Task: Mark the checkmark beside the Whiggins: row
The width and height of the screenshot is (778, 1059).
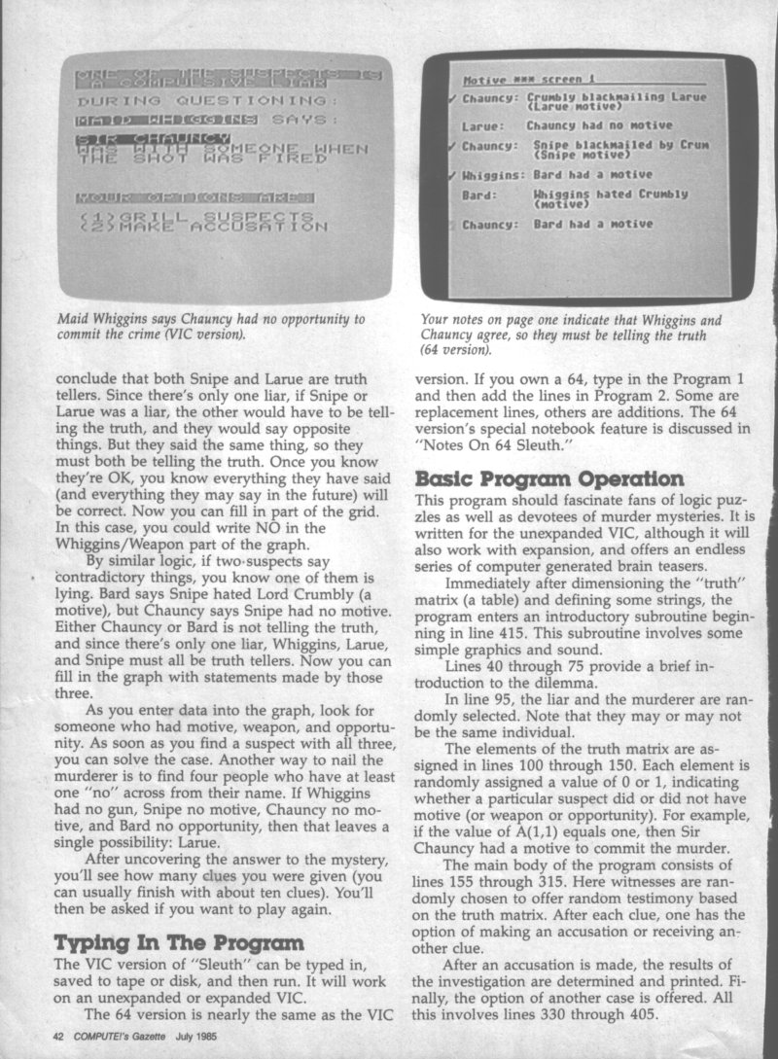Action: click(451, 175)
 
